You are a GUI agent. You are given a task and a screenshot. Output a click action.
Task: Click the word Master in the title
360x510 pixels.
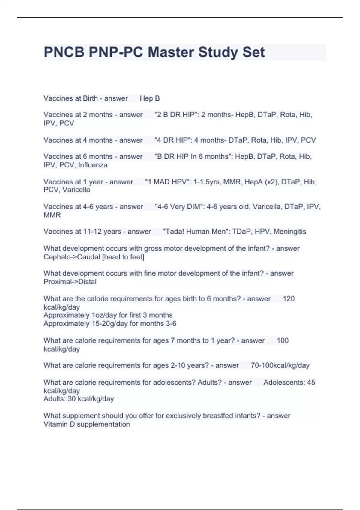(x=171, y=52)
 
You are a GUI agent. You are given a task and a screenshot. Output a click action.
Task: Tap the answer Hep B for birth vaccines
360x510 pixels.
(x=150, y=98)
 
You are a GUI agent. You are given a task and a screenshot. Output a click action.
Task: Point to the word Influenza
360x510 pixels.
(x=93, y=165)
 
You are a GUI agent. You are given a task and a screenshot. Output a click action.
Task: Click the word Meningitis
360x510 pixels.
(x=290, y=232)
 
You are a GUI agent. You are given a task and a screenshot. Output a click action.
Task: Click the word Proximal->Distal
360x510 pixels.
(x=70, y=282)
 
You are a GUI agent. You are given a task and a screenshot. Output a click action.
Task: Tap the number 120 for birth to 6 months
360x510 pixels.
(x=289, y=299)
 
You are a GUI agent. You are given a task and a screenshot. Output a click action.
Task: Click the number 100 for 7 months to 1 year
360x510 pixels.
(x=283, y=340)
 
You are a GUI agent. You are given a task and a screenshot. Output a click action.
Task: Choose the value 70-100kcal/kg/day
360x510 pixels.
(x=280, y=365)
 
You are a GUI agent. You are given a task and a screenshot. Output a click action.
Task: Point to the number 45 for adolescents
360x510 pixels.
(x=311, y=382)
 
